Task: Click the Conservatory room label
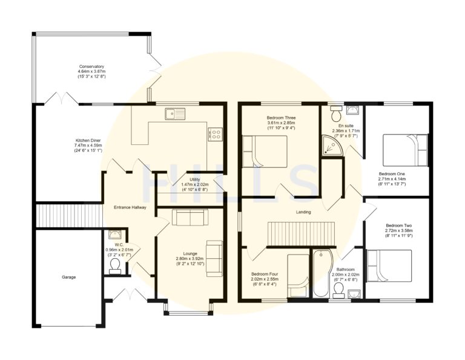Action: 91,67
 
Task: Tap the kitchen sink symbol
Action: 175,114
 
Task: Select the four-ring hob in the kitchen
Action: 216,133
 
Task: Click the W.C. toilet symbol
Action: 115,266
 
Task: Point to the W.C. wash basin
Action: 114,235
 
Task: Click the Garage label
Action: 69,277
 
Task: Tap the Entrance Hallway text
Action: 130,207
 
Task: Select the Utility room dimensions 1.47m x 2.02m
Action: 195,185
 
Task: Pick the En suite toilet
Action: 336,114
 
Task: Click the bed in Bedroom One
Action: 406,150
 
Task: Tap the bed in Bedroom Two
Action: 389,266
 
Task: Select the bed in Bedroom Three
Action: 265,152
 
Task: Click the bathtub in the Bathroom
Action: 321,273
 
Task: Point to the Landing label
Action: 303,212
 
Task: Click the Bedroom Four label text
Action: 265,274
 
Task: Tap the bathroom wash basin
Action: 354,294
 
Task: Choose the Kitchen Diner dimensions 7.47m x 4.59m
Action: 88,145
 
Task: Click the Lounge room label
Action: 190,254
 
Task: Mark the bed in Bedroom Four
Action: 298,276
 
